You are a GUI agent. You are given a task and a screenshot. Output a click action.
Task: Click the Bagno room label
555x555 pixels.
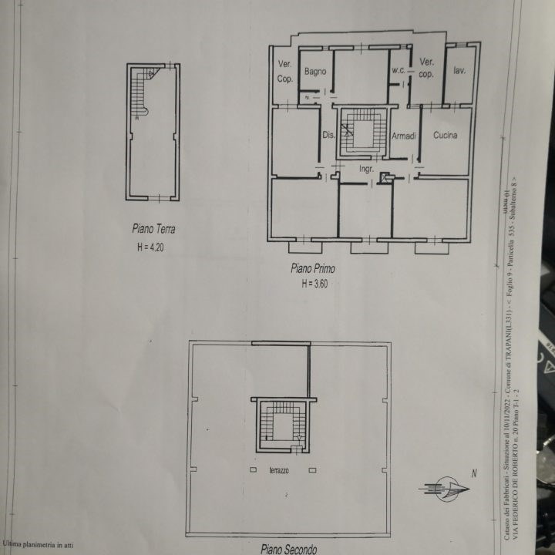click(315, 72)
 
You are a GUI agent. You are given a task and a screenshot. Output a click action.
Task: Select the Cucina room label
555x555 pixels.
click(445, 136)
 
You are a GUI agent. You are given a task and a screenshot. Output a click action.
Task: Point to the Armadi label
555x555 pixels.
click(404, 136)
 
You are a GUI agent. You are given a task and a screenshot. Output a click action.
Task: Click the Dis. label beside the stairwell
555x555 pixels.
click(328, 136)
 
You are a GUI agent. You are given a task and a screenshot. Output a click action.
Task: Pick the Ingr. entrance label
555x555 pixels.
click(367, 168)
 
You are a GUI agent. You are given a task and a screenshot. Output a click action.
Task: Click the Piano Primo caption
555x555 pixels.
click(312, 268)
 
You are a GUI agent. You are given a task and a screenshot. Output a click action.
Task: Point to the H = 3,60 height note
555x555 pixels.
click(315, 284)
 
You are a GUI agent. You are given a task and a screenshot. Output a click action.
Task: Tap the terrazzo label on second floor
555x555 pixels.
click(279, 470)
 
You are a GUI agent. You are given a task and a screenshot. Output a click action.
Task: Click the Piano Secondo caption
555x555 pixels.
click(288, 549)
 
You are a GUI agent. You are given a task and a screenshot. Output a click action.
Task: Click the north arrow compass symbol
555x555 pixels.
click(446, 488)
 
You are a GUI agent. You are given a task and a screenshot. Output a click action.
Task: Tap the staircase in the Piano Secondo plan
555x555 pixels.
click(282, 424)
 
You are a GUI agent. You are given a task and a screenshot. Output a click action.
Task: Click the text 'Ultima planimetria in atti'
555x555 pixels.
click(39, 545)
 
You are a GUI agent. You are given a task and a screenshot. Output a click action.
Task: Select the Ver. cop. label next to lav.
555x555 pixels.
click(426, 68)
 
